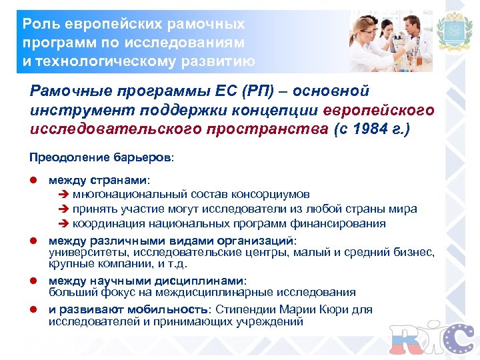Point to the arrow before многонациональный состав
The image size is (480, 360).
(x=65, y=195)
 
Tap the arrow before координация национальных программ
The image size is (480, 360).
(x=65, y=223)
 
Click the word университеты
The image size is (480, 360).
(x=89, y=252)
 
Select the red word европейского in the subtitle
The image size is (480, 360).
(x=377, y=109)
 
